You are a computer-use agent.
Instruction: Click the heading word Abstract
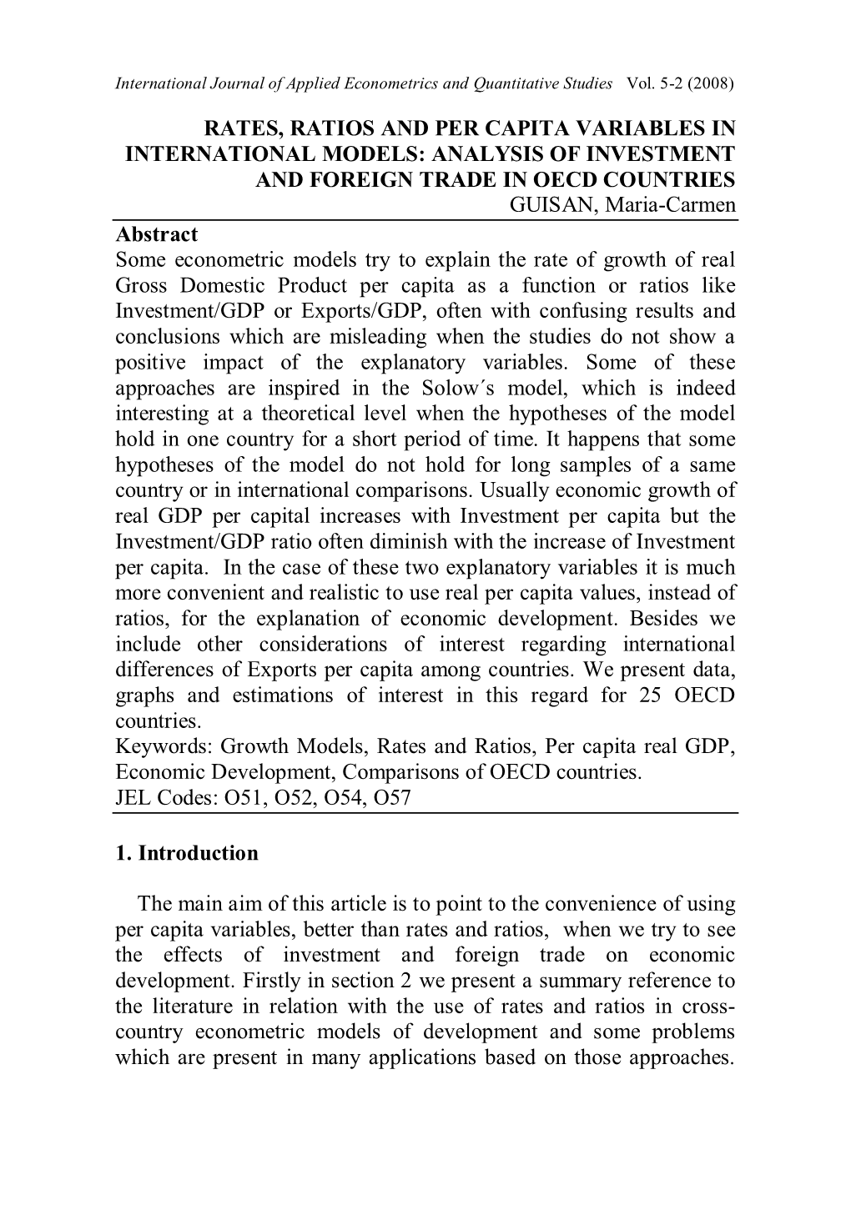(x=156, y=234)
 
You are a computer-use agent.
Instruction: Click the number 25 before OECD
(x=643, y=695)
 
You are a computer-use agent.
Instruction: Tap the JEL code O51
(x=241, y=798)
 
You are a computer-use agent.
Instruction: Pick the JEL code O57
(x=392, y=798)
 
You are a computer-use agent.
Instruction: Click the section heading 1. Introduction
(x=187, y=853)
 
